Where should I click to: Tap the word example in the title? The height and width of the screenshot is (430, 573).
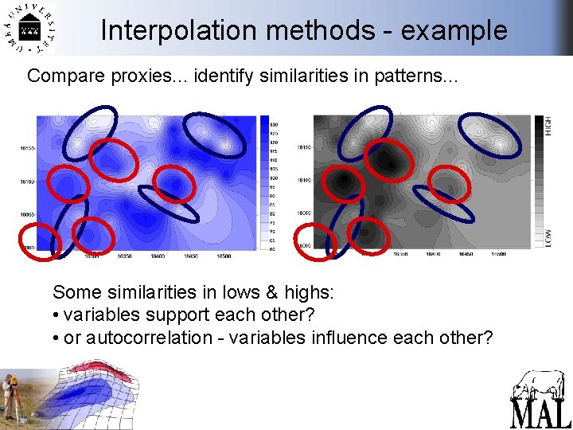(454, 30)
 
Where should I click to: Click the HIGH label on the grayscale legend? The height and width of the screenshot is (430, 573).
(548, 125)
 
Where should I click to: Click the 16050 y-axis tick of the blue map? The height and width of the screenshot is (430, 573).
(25, 214)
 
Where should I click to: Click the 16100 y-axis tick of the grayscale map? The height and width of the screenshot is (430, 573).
(303, 181)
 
